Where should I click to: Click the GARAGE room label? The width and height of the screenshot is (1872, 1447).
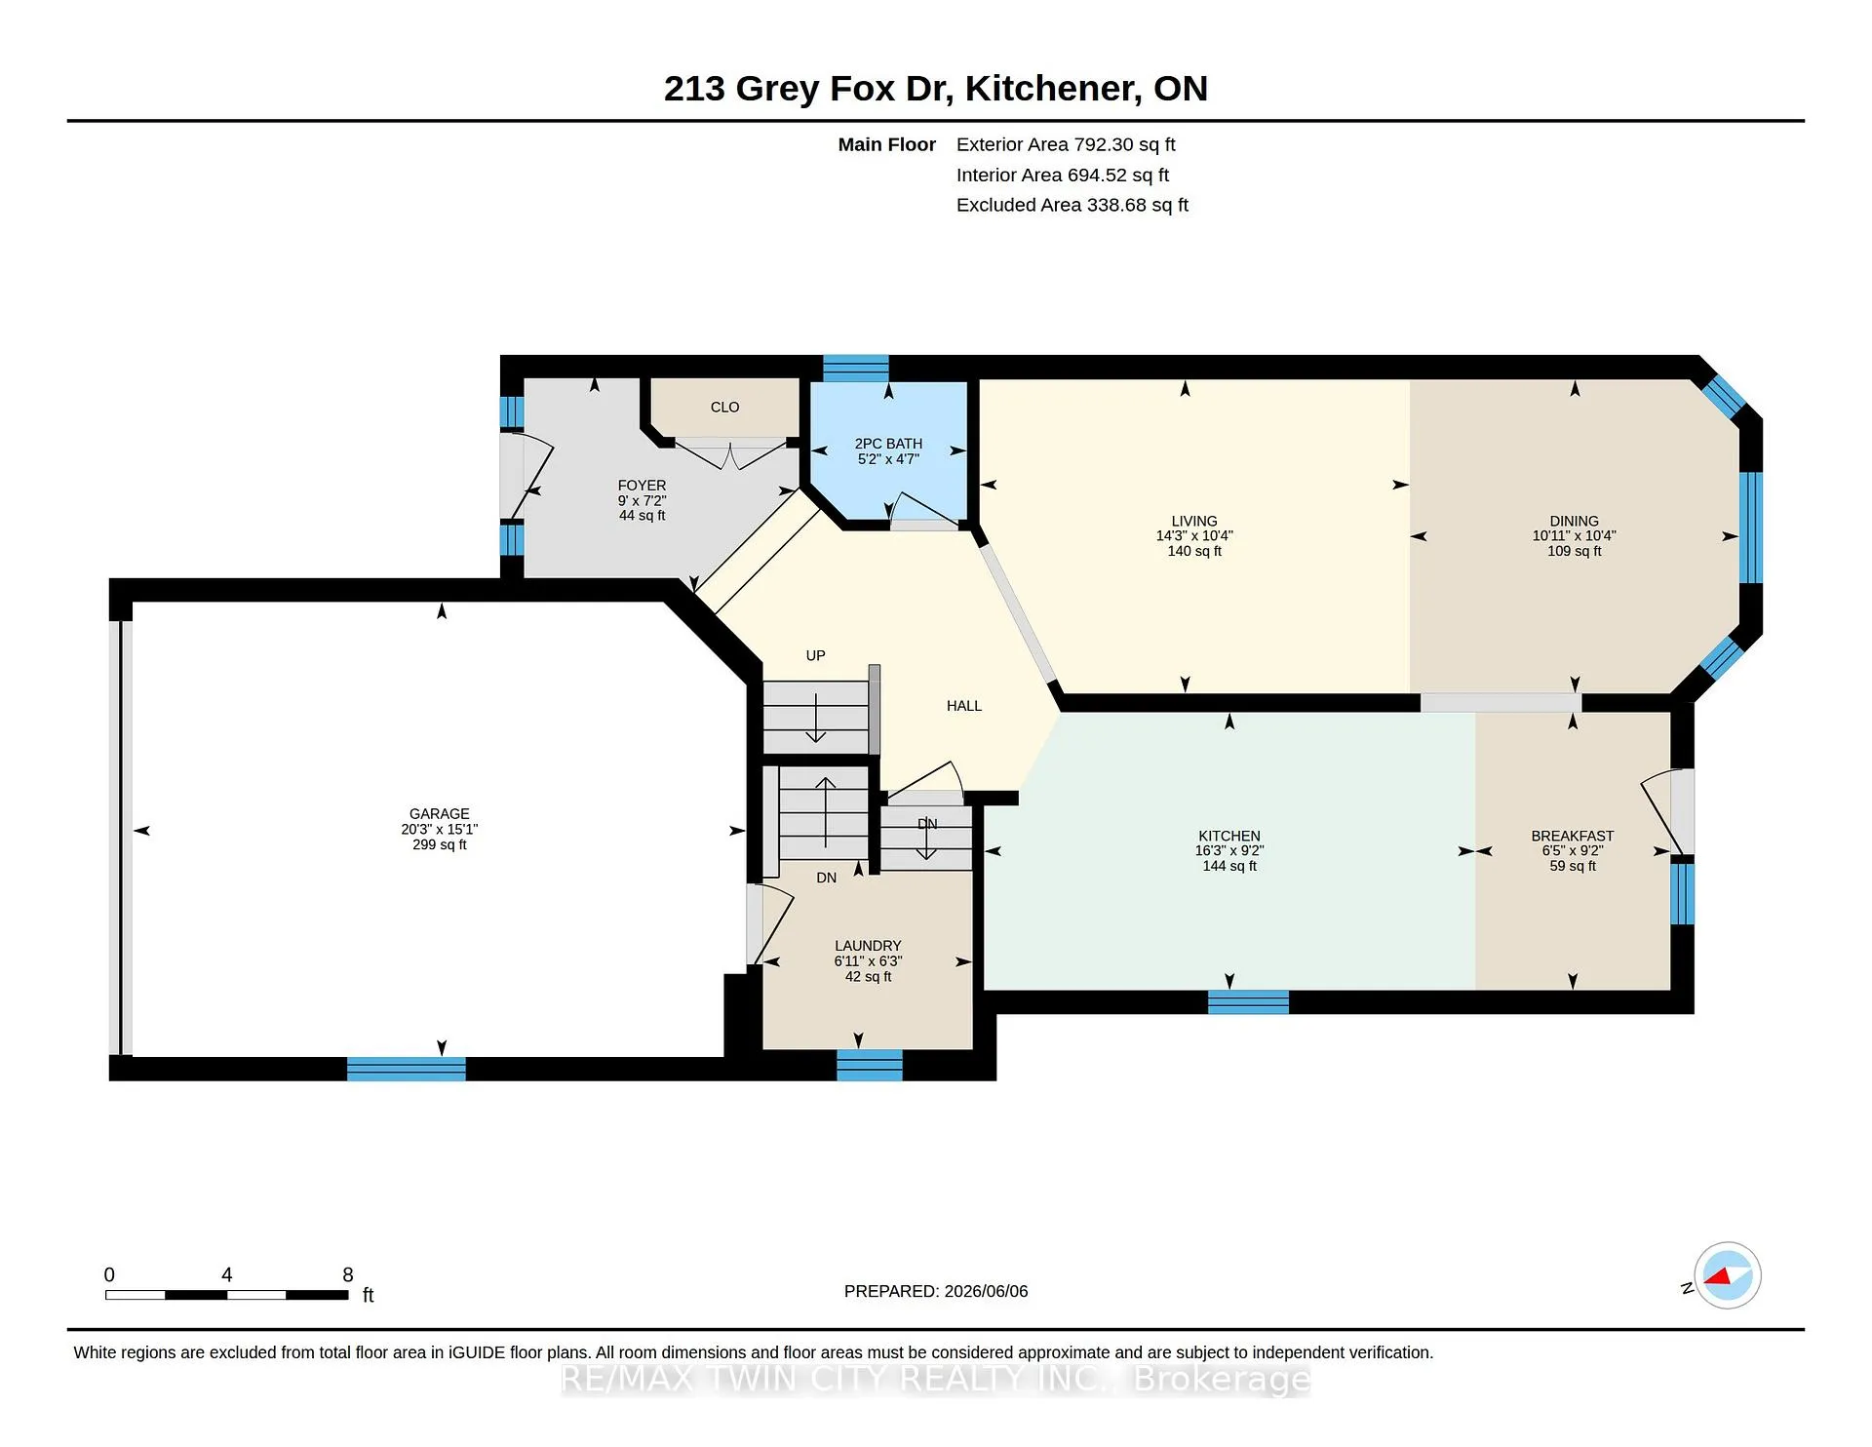pyautogui.click(x=439, y=814)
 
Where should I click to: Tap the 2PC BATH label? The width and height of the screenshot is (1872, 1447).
pyautogui.click(x=888, y=444)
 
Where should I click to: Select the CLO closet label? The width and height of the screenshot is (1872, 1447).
pyautogui.click(x=724, y=408)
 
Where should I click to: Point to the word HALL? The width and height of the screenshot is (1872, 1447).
pyautogui.click(x=964, y=706)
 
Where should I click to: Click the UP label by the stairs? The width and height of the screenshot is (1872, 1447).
pyautogui.click(x=816, y=656)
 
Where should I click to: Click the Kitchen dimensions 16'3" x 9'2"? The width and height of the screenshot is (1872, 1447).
pyautogui.click(x=1229, y=851)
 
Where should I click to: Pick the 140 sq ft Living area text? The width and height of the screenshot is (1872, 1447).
pyautogui.click(x=1194, y=552)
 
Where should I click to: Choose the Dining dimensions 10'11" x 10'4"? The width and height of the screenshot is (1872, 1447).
pyautogui.click(x=1574, y=536)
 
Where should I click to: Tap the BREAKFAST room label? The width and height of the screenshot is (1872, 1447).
pyautogui.click(x=1572, y=837)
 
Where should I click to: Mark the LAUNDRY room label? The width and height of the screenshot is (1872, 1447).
pyautogui.click(x=868, y=946)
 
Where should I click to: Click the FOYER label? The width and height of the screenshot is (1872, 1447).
pyautogui.click(x=642, y=486)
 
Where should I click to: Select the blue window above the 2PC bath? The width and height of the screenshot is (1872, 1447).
pyautogui.click(x=855, y=368)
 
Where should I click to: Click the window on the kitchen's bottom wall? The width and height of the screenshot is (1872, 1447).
pyautogui.click(x=1248, y=1002)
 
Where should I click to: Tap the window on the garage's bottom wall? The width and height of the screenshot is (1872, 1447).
pyautogui.click(x=407, y=1070)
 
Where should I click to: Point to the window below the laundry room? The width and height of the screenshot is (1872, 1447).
pyautogui.click(x=870, y=1066)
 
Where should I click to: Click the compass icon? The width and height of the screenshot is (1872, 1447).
pyautogui.click(x=1727, y=1275)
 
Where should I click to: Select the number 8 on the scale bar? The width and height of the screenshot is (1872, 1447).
pyautogui.click(x=348, y=1274)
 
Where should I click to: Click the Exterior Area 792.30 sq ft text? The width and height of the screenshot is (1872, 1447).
pyautogui.click(x=1066, y=145)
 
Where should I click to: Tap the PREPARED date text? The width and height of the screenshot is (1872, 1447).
pyautogui.click(x=936, y=1291)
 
